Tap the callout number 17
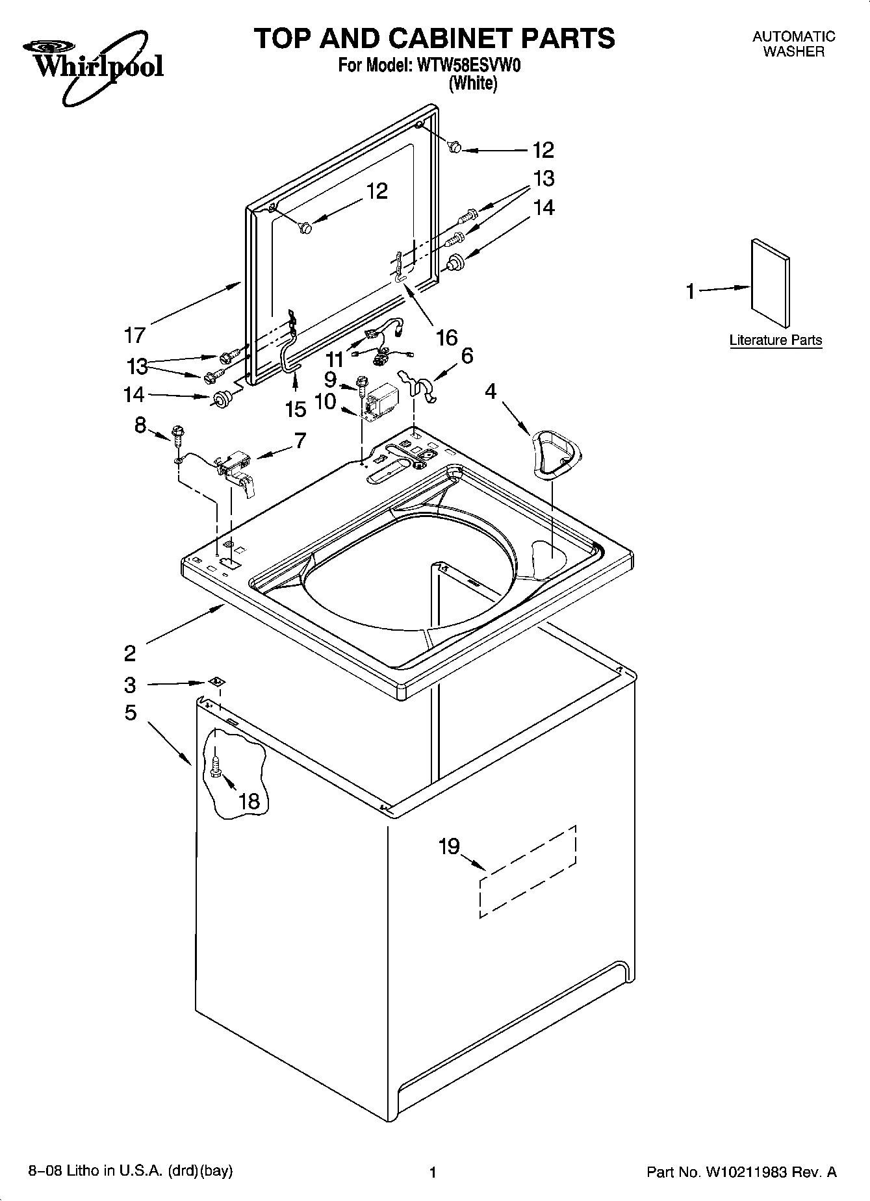[x=134, y=335]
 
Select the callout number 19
[x=449, y=846]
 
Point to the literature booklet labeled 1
[x=771, y=283]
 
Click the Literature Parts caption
[x=775, y=340]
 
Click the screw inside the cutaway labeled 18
[x=216, y=763]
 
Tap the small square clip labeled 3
[x=216, y=682]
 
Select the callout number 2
[x=130, y=653]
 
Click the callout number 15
[x=296, y=409]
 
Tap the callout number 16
[x=447, y=337]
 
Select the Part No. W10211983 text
[x=741, y=1172]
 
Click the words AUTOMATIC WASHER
[x=793, y=44]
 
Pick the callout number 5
[x=131, y=713]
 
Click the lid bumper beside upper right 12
[x=455, y=147]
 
